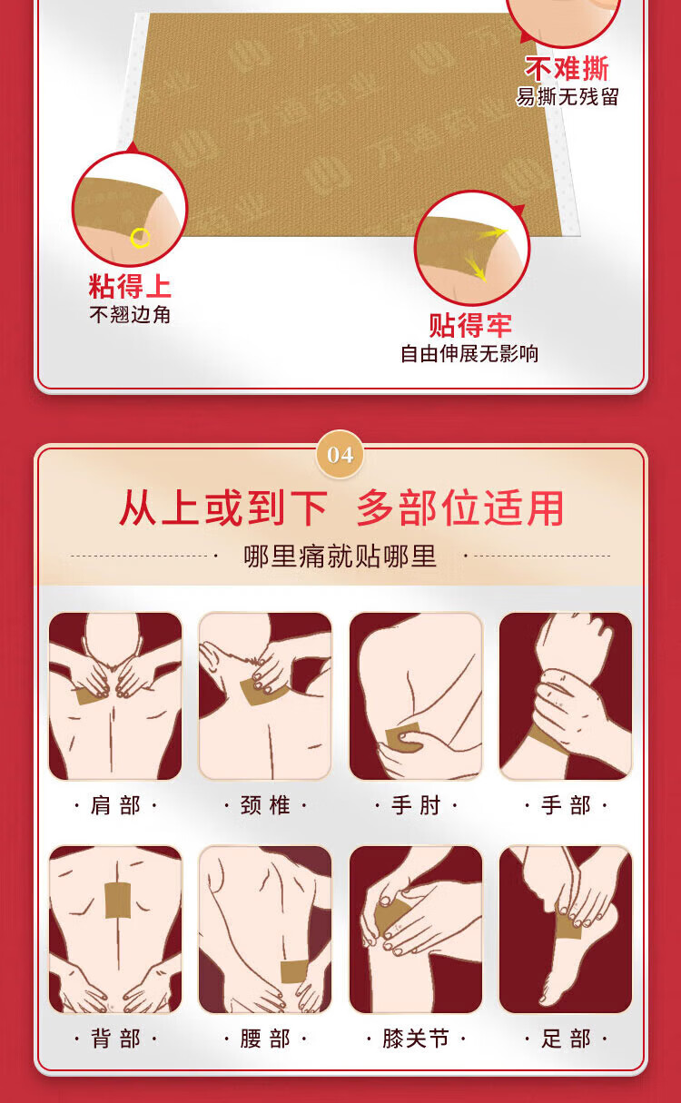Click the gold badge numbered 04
[340, 455]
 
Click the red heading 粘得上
[130, 286]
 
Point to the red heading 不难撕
[567, 68]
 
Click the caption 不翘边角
[130, 314]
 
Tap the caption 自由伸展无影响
[469, 353]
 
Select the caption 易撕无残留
[567, 96]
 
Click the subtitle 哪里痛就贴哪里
[340, 556]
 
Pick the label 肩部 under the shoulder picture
[115, 805]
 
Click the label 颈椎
[265, 805]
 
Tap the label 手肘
[416, 805]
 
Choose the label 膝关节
[416, 1039]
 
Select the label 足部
[566, 1039]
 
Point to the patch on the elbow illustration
[401, 736]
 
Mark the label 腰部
[265, 1039]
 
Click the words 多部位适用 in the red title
[460, 507]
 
